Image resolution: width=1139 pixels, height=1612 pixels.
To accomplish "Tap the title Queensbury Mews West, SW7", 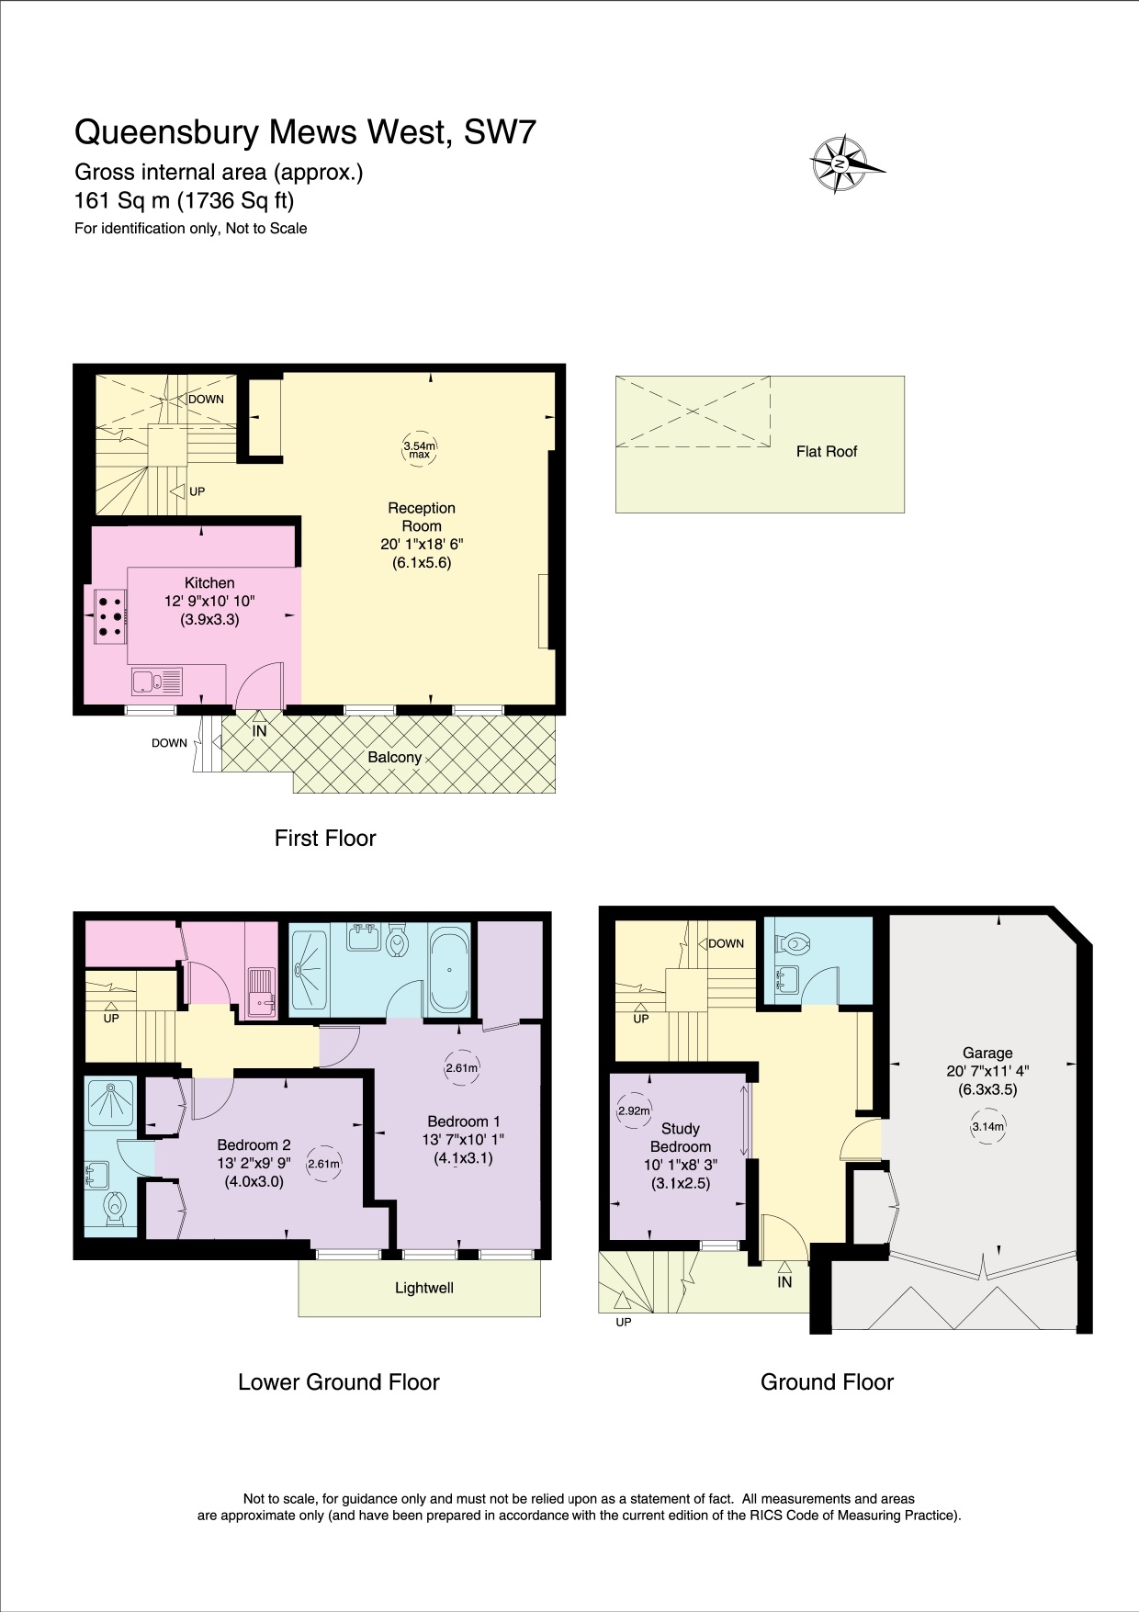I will (305, 132).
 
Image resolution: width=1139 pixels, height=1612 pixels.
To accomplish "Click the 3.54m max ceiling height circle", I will (420, 449).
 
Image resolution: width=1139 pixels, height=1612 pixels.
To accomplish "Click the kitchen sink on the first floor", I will (156, 682).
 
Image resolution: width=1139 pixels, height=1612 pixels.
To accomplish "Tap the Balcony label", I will (394, 757).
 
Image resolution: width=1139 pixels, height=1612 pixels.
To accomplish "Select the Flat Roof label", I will (826, 451).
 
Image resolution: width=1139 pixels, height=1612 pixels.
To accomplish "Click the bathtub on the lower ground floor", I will (449, 970).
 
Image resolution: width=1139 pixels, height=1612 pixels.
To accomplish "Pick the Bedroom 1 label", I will (463, 1122).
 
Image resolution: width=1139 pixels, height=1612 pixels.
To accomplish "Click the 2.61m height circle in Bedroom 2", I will (323, 1164).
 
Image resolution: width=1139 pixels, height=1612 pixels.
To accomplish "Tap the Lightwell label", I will (423, 1288).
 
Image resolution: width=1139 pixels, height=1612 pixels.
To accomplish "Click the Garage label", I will (987, 1053).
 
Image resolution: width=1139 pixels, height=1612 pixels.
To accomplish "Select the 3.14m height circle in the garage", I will (988, 1126).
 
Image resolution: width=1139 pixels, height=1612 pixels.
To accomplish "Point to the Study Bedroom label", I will (680, 1137).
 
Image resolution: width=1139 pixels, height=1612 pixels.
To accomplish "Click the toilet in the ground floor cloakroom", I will (792, 942).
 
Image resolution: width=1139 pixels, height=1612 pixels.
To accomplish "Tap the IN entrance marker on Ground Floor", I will (784, 1280).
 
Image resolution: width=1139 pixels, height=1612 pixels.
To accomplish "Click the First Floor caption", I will (325, 838).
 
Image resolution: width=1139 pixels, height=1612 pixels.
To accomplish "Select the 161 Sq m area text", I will (184, 200).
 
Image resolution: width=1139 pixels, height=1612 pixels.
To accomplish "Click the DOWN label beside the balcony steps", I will (169, 743).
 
